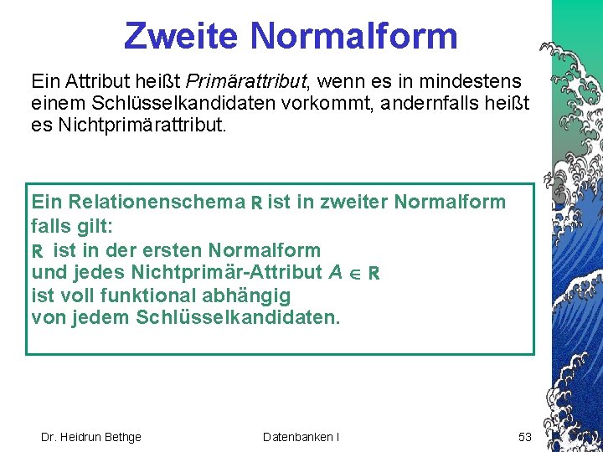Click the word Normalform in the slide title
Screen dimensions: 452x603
click(353, 36)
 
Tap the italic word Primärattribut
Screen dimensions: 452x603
click(248, 82)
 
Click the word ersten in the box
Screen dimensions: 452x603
click(172, 249)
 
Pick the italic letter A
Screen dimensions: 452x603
click(335, 272)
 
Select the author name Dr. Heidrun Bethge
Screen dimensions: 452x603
click(91, 436)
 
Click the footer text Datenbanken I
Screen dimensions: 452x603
click(301, 436)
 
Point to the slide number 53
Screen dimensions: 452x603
click(525, 436)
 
